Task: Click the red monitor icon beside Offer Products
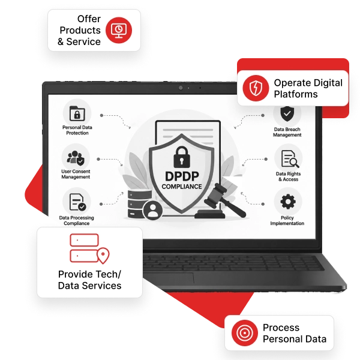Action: coord(119,30)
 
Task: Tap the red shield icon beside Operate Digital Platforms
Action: coord(256,88)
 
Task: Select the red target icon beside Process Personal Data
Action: coord(245,333)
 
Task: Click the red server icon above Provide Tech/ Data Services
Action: coord(89,248)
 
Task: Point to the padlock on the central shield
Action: coord(182,157)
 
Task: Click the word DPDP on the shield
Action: coord(182,176)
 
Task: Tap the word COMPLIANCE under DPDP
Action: coord(182,187)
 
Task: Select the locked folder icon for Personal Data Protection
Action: coord(77,113)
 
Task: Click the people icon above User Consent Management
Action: coord(76,158)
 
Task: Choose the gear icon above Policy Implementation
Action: coord(288,202)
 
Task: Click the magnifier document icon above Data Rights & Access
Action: coord(290,158)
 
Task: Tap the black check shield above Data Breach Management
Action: coord(287,113)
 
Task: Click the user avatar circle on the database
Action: coord(152,211)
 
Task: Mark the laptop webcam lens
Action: coord(181,88)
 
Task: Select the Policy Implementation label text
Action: coord(287,220)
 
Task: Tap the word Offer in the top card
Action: coord(89,19)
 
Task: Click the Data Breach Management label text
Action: coord(287,132)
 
